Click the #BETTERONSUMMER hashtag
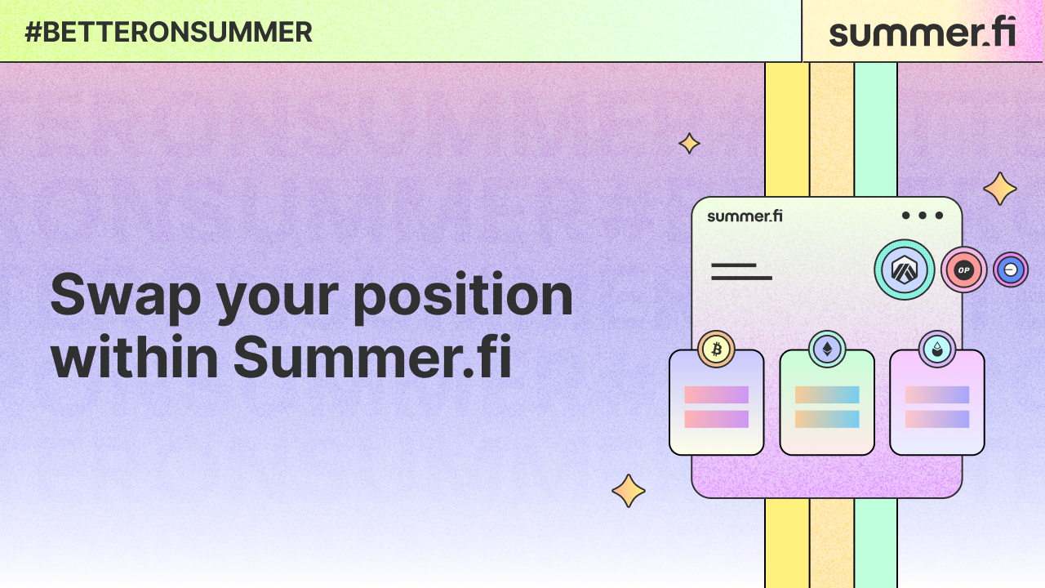click(x=168, y=32)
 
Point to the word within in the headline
click(x=135, y=357)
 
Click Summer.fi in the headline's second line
click(x=372, y=357)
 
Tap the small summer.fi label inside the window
click(x=745, y=216)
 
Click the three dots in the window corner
click(x=923, y=216)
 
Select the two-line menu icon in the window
click(x=741, y=272)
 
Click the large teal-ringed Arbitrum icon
click(x=904, y=269)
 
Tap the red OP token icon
click(x=964, y=269)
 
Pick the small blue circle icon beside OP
click(x=1011, y=269)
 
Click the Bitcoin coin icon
click(x=717, y=350)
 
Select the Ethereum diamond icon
click(x=827, y=350)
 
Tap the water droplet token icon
click(x=936, y=350)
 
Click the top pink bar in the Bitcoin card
click(x=716, y=394)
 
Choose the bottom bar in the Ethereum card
click(x=827, y=419)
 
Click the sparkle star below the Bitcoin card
click(x=629, y=491)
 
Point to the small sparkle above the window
click(x=689, y=144)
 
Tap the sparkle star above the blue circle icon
click(x=1000, y=189)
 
